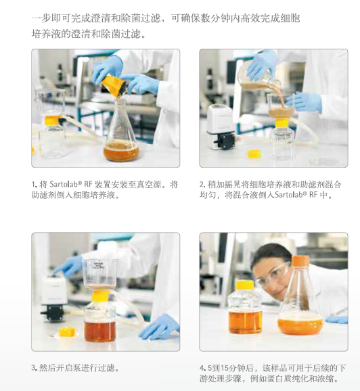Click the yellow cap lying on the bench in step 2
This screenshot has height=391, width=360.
pos(254,154)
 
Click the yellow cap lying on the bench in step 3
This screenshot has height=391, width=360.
pos(66,331)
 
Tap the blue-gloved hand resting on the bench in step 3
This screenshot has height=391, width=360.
pos(158,329)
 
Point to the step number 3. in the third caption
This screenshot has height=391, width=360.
pos(34,368)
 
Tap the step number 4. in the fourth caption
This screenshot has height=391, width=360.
pos(202,368)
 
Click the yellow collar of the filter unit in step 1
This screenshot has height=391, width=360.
pos(52,121)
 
